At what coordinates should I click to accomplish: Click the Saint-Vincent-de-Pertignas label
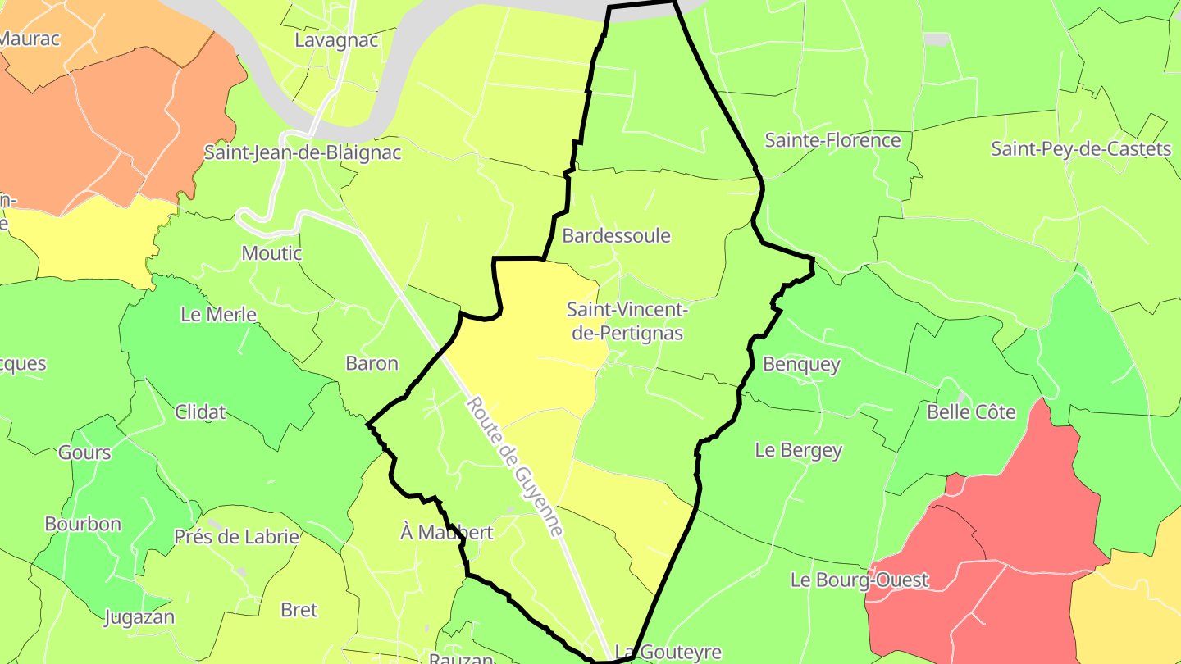click(626, 321)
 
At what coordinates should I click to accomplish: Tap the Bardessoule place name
click(616, 236)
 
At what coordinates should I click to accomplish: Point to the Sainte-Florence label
click(832, 140)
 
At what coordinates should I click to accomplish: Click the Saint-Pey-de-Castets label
click(1081, 149)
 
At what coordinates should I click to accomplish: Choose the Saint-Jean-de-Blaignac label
click(303, 152)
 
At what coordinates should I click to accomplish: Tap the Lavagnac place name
click(336, 40)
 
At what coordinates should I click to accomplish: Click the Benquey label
click(801, 364)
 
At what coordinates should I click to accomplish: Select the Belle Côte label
click(971, 412)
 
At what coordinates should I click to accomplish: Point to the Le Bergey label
click(798, 450)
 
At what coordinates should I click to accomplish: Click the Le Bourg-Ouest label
click(860, 580)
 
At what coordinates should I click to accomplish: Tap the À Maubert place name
click(446, 533)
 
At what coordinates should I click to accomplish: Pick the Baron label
click(372, 363)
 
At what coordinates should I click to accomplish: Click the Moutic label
click(271, 253)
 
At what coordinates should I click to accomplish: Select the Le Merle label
click(218, 315)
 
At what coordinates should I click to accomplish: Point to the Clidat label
click(200, 412)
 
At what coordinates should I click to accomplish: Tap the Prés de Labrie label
click(236, 537)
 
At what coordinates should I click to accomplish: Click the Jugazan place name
click(139, 617)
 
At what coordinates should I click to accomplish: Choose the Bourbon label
click(83, 524)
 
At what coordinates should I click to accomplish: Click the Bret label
click(299, 610)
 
